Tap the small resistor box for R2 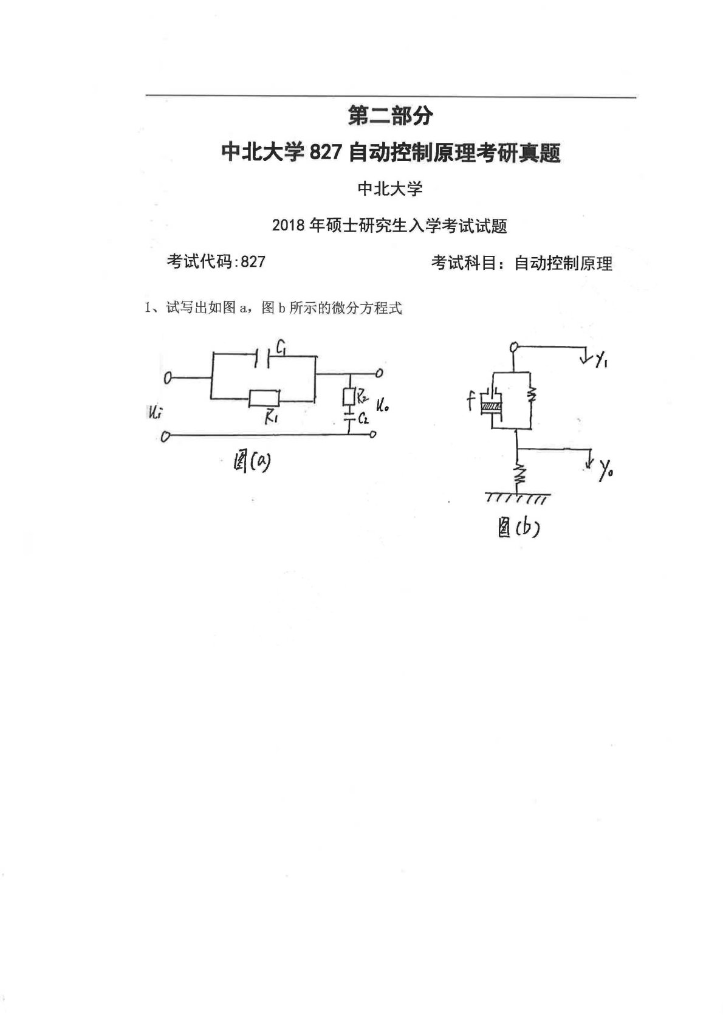[349, 397]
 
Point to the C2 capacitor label [363, 418]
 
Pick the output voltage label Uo [382, 405]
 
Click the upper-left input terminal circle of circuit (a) [168, 378]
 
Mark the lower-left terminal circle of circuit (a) [165, 436]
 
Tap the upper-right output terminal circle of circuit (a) [380, 373]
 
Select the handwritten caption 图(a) [252, 463]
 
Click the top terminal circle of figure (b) [514, 348]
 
